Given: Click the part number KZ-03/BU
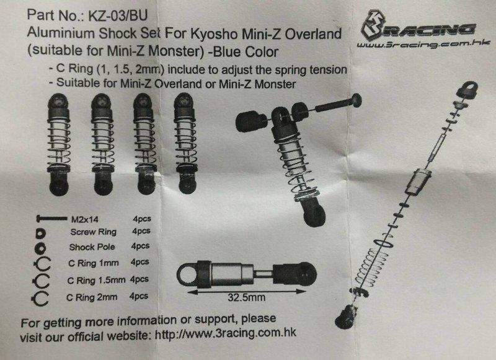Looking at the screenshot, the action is point(118,15).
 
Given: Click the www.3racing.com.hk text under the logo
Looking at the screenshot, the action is point(423,44).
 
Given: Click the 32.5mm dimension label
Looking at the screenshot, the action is point(246,297).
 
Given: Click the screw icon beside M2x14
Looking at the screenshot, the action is point(52,218).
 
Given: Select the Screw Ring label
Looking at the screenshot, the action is point(94,232).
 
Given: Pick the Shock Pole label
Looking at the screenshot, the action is point(92,247).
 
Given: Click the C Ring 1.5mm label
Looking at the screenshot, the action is point(96,280).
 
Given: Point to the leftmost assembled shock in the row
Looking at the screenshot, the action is point(59,144).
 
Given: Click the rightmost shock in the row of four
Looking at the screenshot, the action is point(185,143).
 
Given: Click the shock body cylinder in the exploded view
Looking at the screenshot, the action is point(418,181).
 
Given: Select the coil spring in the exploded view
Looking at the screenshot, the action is point(371,266).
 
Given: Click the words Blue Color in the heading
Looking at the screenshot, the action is point(246,52).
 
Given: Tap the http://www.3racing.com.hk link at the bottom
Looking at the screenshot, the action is point(226,333).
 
